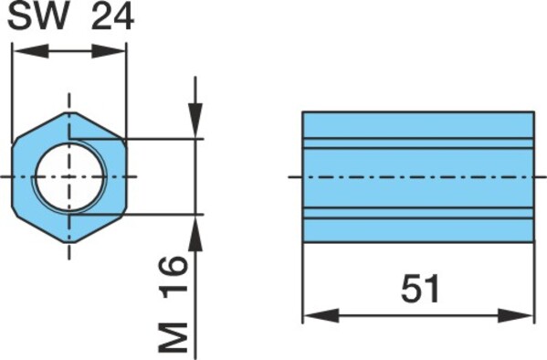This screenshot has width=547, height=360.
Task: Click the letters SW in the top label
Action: click(38, 16)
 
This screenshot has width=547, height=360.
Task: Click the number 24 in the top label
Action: click(112, 16)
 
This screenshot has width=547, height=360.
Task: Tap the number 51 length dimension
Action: click(420, 289)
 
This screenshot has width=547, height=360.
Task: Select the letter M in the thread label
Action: click(174, 337)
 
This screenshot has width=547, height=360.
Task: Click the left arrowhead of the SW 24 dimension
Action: click(31, 51)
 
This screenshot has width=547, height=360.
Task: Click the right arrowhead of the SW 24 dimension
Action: click(108, 51)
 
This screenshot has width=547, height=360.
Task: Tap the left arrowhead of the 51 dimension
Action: click(321, 315)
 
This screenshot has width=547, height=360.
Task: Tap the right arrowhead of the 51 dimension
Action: click(515, 315)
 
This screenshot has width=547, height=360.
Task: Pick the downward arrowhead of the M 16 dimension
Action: click(195, 120)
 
